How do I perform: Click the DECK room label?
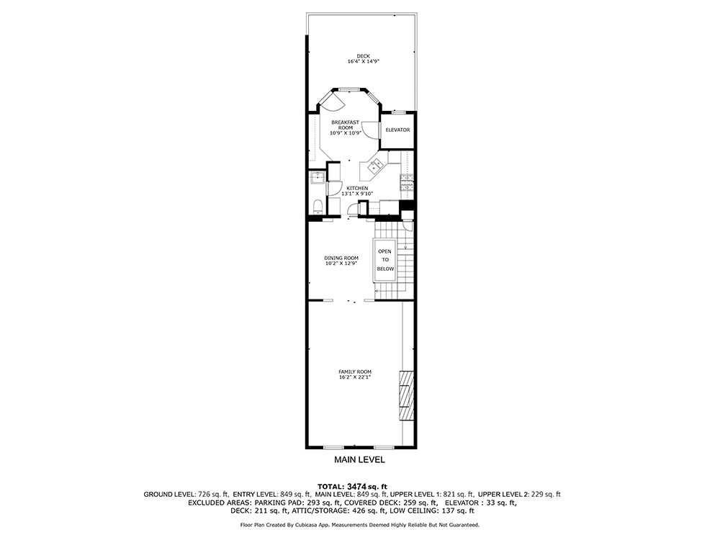363,56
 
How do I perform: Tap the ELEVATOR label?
397,130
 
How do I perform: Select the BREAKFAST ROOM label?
346,125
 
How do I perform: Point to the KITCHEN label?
357,188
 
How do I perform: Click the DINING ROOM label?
341,258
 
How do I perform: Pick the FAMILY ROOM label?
355,372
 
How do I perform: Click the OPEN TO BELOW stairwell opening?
385,260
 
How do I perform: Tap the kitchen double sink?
375,166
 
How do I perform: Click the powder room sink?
317,177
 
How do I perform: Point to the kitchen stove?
408,182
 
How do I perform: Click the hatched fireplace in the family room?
407,395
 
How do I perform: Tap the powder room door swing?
335,188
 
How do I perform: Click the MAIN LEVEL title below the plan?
359,459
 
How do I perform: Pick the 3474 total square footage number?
357,486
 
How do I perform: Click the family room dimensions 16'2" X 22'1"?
355,377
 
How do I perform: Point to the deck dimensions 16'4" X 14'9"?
363,61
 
